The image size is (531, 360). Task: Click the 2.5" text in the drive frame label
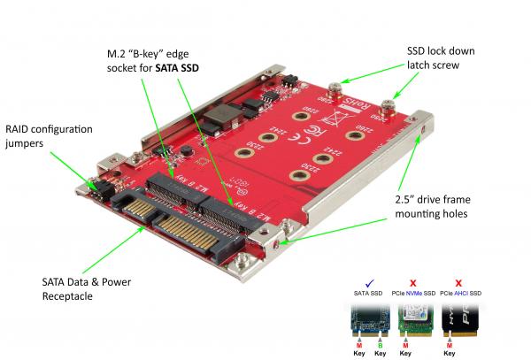point(396,197)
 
